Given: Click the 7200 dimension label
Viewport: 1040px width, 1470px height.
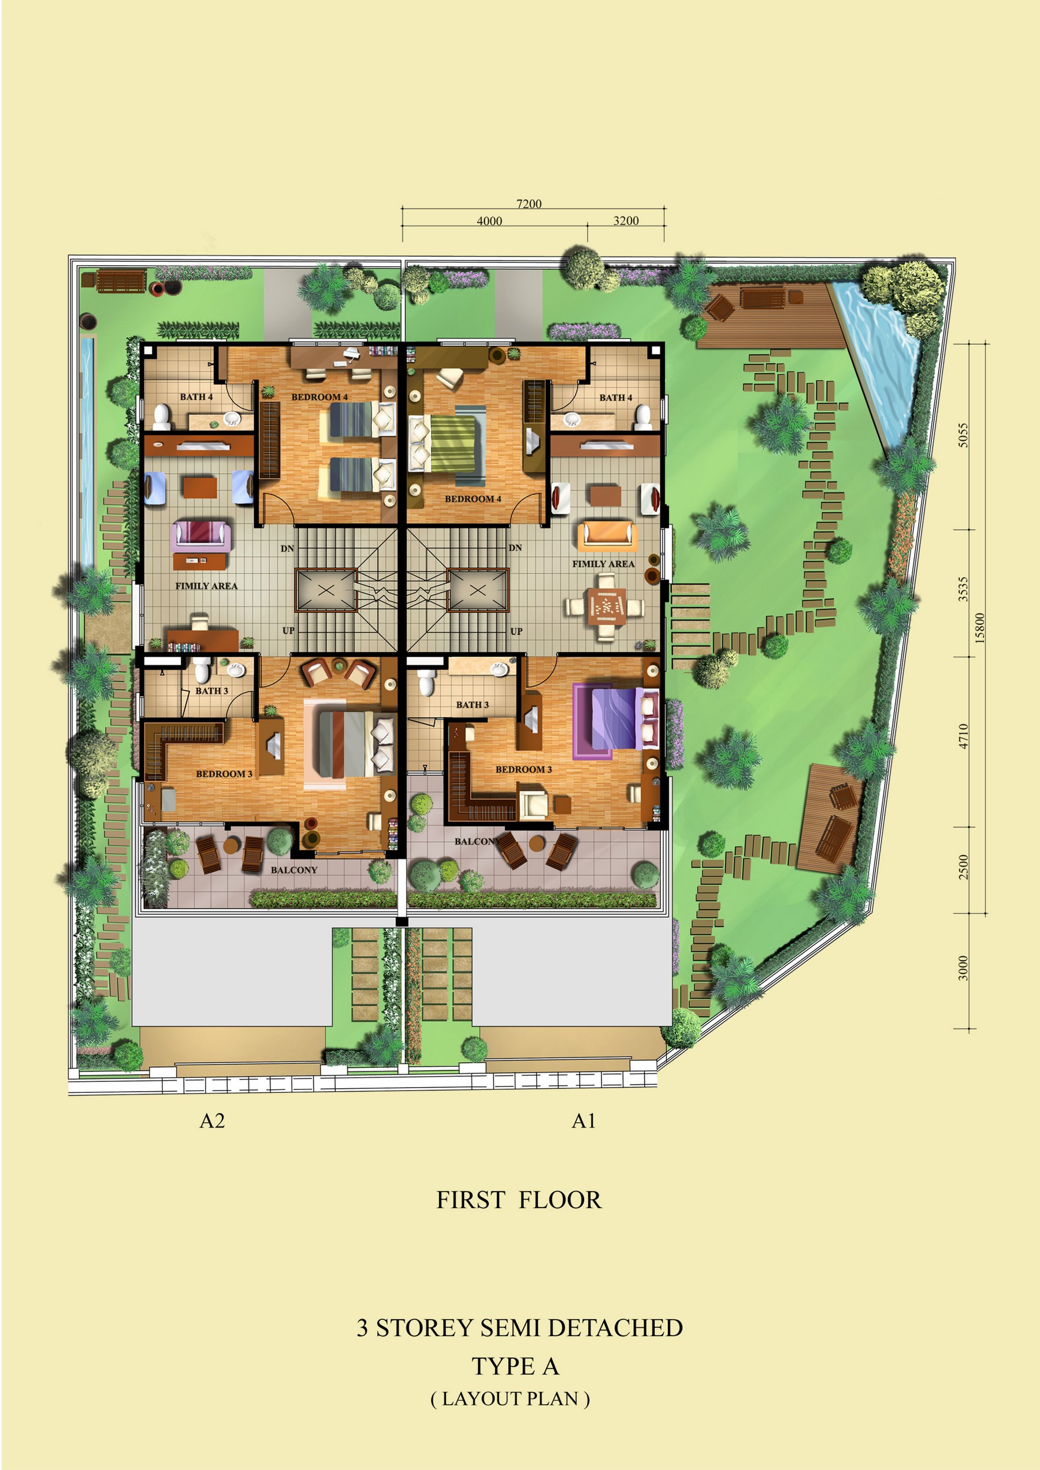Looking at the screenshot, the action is click(x=529, y=203).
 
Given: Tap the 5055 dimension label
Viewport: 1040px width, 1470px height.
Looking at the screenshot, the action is click(x=963, y=435).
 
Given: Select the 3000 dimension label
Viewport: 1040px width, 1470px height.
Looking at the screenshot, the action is click(x=963, y=967).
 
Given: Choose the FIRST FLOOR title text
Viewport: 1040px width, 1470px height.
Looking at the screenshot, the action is click(x=519, y=1200).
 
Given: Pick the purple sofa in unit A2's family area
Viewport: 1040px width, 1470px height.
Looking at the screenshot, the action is click(x=201, y=535).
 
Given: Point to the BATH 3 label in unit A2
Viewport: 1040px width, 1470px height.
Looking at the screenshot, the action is click(x=211, y=691).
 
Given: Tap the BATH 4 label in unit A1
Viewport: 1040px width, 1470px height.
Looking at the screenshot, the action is click(x=615, y=397).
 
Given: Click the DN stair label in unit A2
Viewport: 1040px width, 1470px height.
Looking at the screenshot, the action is click(x=287, y=549).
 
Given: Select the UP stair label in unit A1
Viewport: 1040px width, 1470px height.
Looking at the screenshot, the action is click(x=516, y=631).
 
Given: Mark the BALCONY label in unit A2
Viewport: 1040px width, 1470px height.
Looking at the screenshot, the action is click(x=294, y=870).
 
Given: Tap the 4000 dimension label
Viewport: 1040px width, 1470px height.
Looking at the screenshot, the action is click(x=489, y=221).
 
